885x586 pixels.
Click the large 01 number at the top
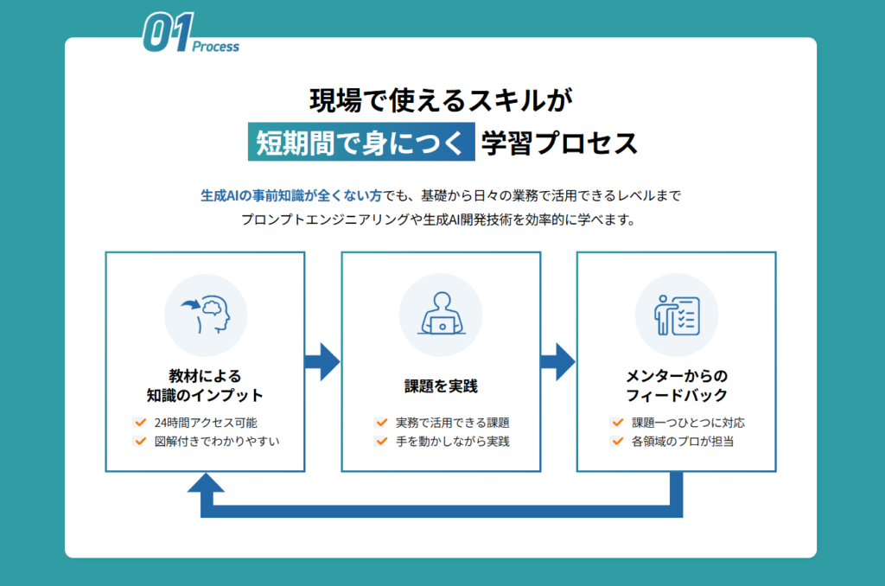point(168,32)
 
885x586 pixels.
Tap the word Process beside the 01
point(215,47)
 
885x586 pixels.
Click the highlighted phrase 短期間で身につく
point(360,143)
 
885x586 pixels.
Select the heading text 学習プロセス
point(559,143)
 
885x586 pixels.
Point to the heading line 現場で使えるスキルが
point(441,100)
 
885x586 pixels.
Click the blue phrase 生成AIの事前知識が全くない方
point(291,196)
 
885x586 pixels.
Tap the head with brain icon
point(206,315)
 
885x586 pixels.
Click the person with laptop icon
point(442,314)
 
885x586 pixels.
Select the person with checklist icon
point(677,315)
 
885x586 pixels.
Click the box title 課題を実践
point(441,386)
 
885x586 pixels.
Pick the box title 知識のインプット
point(205,395)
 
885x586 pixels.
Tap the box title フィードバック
point(676,395)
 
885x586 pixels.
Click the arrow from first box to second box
point(322,361)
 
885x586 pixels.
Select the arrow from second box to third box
point(557,361)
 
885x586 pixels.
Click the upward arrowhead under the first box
point(206,482)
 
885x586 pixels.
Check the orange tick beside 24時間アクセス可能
point(141,423)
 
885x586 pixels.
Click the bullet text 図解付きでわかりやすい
point(217,442)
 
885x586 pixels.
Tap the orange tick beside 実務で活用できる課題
point(381,423)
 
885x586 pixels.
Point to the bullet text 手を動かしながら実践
point(453,442)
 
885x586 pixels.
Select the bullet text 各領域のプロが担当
point(683,442)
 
